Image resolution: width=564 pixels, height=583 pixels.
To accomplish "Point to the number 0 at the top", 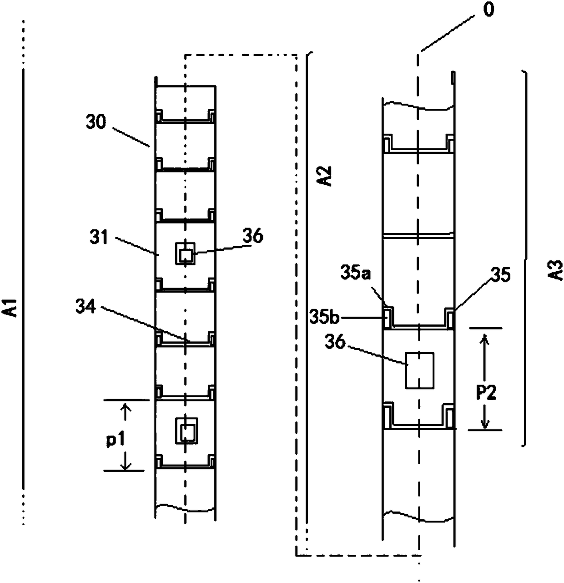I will coord(488,10).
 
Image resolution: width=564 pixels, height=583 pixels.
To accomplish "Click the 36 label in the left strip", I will coord(253,237).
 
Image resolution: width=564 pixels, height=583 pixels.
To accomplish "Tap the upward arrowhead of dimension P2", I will coord(485,338).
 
